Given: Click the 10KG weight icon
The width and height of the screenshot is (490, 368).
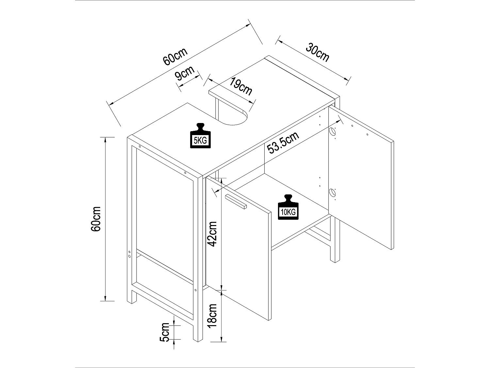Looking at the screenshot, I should point(288,207).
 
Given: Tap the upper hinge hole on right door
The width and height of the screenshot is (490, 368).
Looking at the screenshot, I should point(332,132).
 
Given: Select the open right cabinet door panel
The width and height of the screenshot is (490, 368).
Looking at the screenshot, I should point(363,183).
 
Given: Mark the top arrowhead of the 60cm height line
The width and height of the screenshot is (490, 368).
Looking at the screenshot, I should point(105,139).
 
